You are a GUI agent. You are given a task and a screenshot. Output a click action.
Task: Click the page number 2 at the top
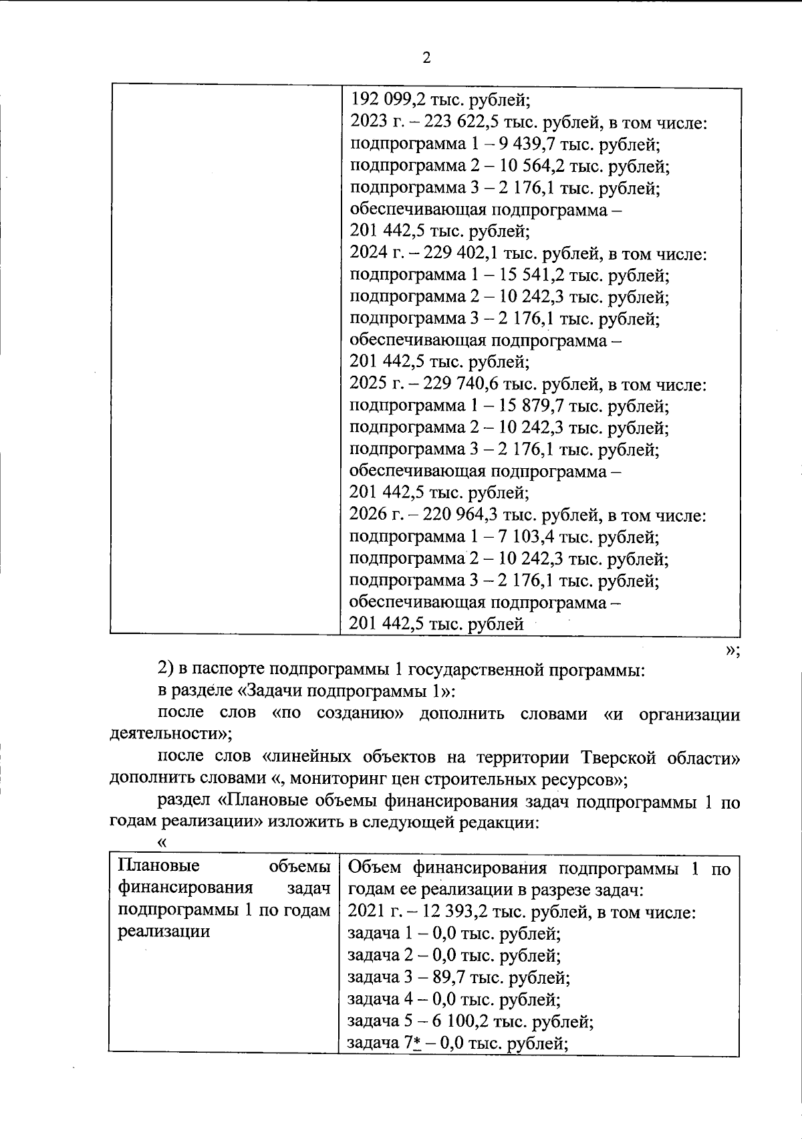tap(426, 58)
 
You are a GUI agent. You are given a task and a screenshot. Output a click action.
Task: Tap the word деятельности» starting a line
tap(170, 734)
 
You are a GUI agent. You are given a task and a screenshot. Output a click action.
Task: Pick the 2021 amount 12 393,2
tap(457, 912)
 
